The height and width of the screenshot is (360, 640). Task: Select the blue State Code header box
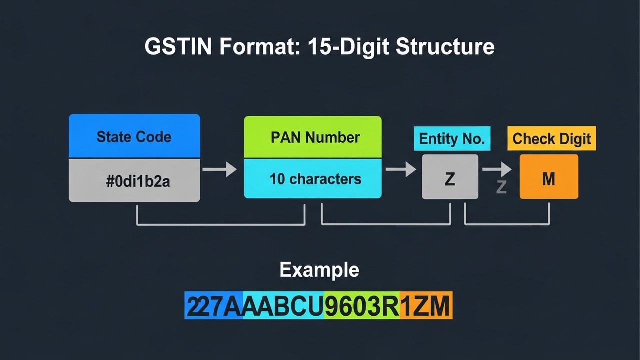134,136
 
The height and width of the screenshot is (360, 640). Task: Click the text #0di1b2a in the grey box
138,181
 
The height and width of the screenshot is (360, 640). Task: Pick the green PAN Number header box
313,137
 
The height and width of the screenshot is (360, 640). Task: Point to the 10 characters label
315,179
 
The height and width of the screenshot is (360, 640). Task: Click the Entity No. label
452,139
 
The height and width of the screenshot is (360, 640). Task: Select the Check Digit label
551,139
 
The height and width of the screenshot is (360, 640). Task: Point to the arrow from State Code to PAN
220,169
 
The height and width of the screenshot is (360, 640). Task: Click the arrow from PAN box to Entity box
401,169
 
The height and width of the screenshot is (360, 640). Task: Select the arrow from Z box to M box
497,169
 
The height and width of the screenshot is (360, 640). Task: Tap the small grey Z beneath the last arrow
501,187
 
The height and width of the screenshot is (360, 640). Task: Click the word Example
319,270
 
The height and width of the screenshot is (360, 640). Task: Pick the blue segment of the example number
214,305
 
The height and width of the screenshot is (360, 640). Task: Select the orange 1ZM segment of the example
426,305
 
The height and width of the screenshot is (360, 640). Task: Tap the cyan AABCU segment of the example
283,305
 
